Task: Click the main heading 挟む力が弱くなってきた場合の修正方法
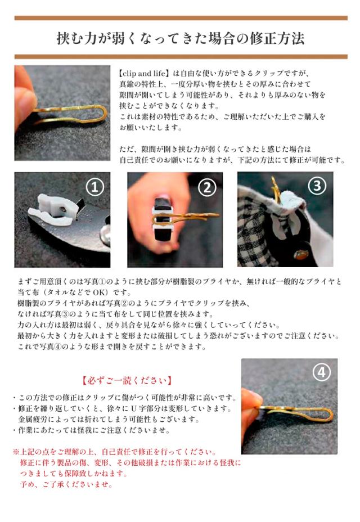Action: pos(180,38)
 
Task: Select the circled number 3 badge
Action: pos(317,185)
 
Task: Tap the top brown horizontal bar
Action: pos(180,18)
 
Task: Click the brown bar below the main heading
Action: pos(180,57)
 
